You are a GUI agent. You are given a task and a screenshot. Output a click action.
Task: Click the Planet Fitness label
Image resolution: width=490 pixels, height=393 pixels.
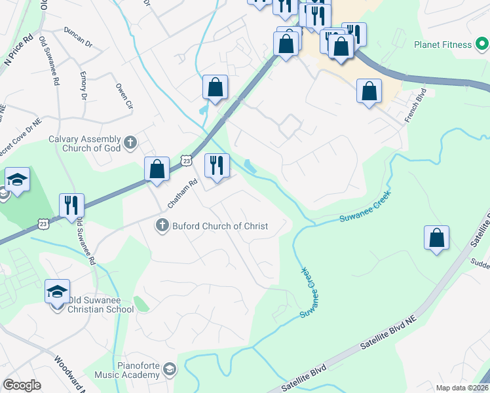tap(442, 45)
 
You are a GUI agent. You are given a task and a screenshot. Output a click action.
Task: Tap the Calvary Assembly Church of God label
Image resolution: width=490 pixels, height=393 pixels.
tap(85, 143)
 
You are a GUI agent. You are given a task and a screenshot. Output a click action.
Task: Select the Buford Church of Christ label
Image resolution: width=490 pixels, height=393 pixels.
tap(220, 226)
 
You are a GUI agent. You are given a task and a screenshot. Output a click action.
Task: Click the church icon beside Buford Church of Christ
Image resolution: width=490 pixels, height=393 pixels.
tap(162, 226)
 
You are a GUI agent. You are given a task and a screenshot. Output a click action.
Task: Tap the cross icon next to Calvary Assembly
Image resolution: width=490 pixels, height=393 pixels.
tap(130, 141)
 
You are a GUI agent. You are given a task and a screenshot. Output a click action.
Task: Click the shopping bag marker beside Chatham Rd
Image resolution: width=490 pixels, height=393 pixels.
tap(157, 169)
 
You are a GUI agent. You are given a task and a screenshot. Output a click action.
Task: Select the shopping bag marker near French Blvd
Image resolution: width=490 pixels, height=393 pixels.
tap(369, 91)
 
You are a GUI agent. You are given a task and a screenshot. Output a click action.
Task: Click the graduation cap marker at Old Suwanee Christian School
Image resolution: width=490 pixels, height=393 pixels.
tap(58, 291)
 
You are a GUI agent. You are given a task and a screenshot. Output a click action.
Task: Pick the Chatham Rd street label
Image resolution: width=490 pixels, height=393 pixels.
tap(173, 195)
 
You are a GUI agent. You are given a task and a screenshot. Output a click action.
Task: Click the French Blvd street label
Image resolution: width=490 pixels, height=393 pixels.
tap(415, 105)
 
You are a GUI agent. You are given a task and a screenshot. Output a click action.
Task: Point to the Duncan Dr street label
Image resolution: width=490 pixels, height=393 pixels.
tap(79, 37)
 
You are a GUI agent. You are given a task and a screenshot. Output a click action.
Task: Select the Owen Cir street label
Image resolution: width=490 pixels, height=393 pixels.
tap(124, 96)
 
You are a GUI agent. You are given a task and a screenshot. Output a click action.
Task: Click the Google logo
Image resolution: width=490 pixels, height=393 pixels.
tap(22, 385)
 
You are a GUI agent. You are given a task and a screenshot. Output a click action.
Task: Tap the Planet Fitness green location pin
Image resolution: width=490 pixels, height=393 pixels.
tap(481, 45)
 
